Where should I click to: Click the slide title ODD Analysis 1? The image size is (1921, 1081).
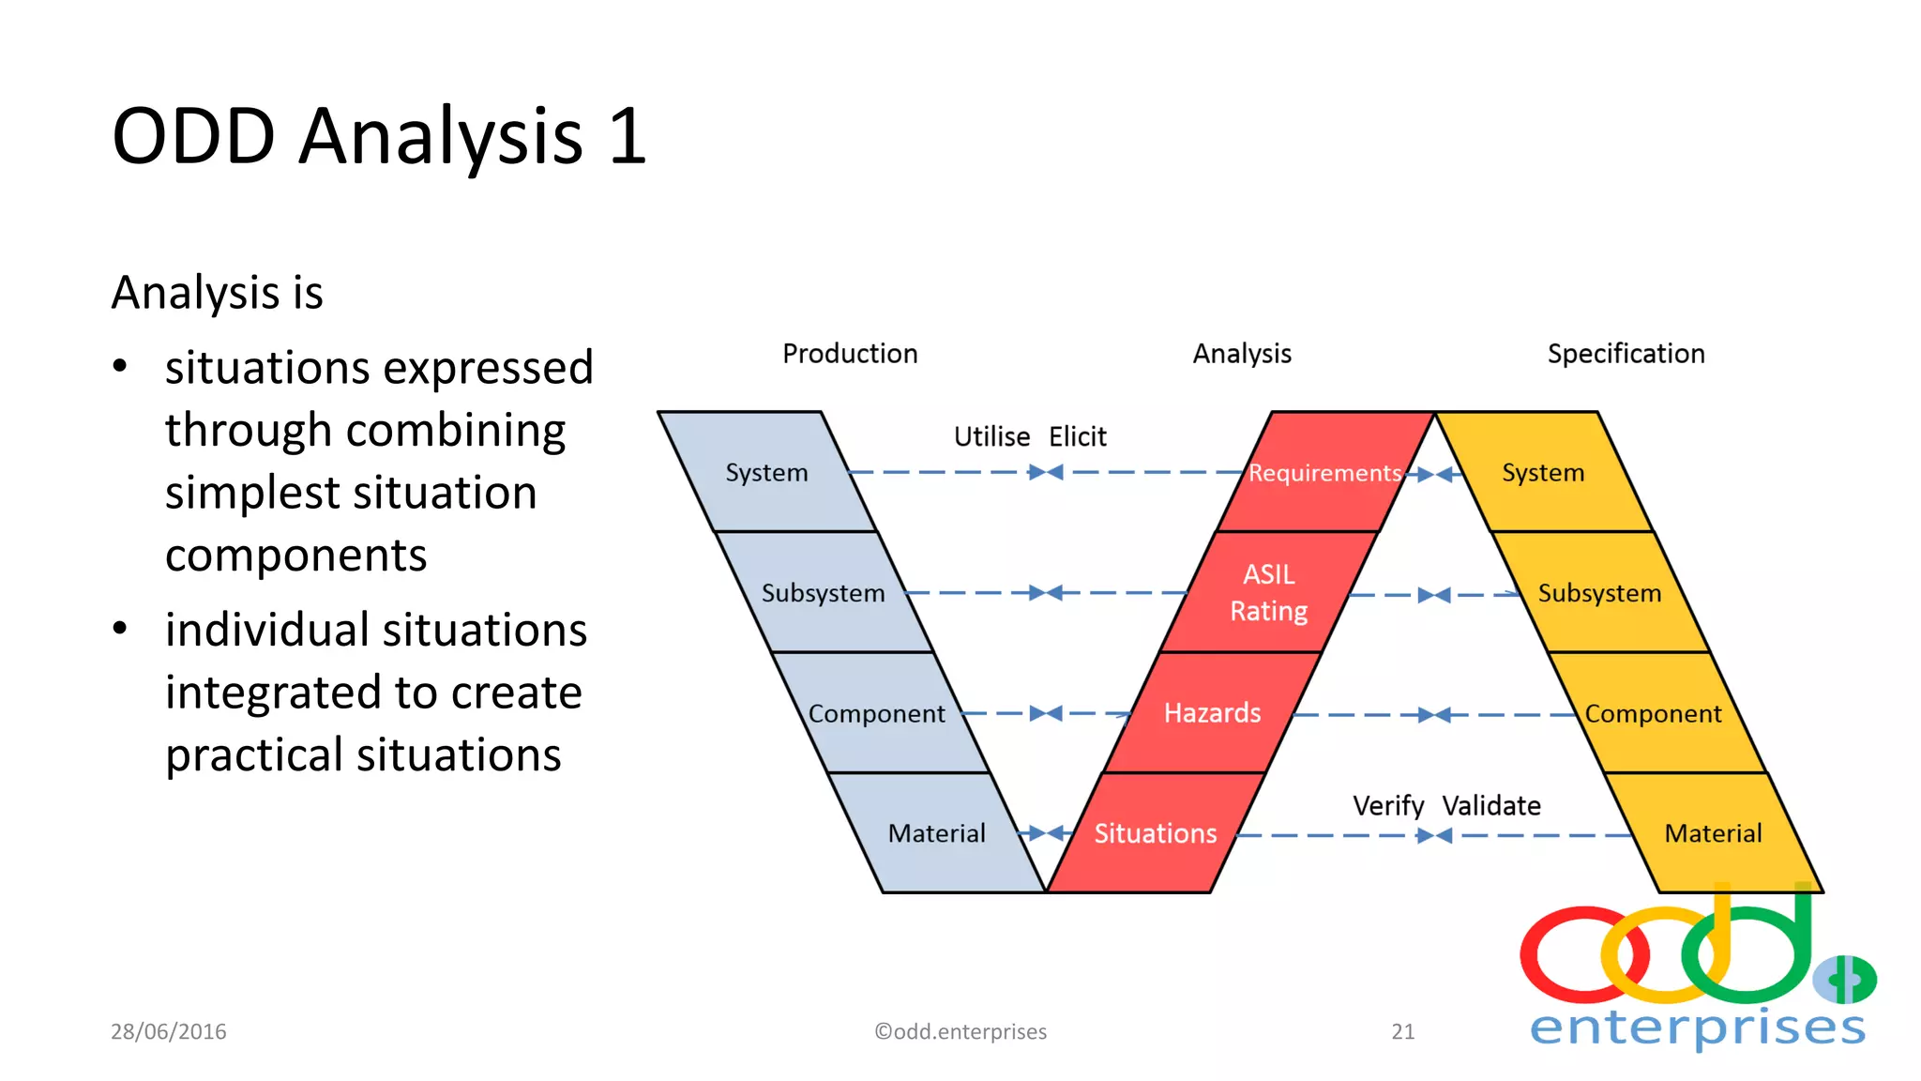pyautogui.click(x=379, y=136)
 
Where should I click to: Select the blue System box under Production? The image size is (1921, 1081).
pyautogui.click(x=766, y=472)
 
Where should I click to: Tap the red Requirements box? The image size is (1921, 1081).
pyautogui.click(x=1324, y=472)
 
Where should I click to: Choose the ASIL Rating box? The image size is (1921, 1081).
pyautogui.click(x=1268, y=592)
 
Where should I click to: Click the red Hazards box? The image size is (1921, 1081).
pyautogui.click(x=1212, y=713)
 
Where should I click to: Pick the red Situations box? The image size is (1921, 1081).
pyautogui.click(x=1155, y=833)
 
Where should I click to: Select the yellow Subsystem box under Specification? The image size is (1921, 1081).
pyautogui.click(x=1599, y=593)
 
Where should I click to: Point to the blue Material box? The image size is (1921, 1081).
pyautogui.click(x=936, y=833)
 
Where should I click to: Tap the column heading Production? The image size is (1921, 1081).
pyautogui.click(x=850, y=354)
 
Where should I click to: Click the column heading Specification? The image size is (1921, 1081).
pyautogui.click(x=1626, y=354)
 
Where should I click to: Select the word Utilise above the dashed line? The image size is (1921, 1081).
pyautogui.click(x=991, y=436)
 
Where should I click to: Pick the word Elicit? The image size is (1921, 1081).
pyautogui.click(x=1078, y=436)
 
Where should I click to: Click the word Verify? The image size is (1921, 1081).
pyautogui.click(x=1388, y=806)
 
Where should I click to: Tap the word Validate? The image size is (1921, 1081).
pyautogui.click(x=1491, y=806)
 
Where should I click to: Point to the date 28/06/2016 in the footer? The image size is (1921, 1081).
pyautogui.click(x=169, y=1031)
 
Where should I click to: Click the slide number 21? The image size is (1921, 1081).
pyautogui.click(x=1403, y=1031)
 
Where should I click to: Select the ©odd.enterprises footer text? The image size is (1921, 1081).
pyautogui.click(x=960, y=1031)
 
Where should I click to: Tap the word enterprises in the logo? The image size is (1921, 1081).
pyautogui.click(x=1698, y=1028)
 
